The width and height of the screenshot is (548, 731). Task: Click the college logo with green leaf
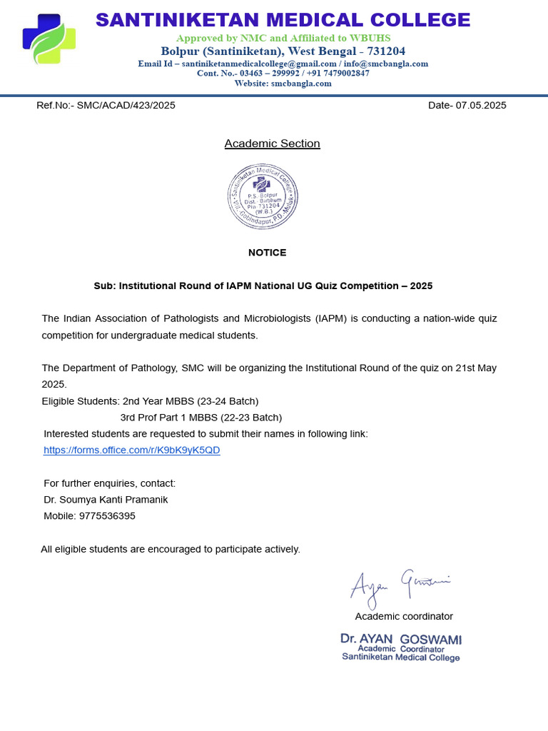point(49,39)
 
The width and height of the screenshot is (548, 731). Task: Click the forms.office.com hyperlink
point(132,450)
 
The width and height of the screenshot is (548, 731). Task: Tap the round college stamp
point(263,196)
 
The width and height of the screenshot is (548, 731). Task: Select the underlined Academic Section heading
point(272,143)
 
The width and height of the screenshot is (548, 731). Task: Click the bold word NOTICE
point(267,253)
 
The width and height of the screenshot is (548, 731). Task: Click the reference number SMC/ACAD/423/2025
point(126,105)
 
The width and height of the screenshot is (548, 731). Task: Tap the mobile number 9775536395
point(106,515)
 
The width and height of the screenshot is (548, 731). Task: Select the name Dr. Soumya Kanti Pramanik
point(106,499)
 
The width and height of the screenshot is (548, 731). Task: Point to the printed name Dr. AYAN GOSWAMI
point(400,639)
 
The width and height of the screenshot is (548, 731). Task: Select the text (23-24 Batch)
point(228,400)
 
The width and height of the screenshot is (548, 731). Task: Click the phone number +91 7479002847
point(338,73)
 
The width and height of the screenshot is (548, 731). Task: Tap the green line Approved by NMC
point(283,37)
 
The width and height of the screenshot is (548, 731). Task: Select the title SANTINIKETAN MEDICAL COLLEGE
point(283,19)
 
